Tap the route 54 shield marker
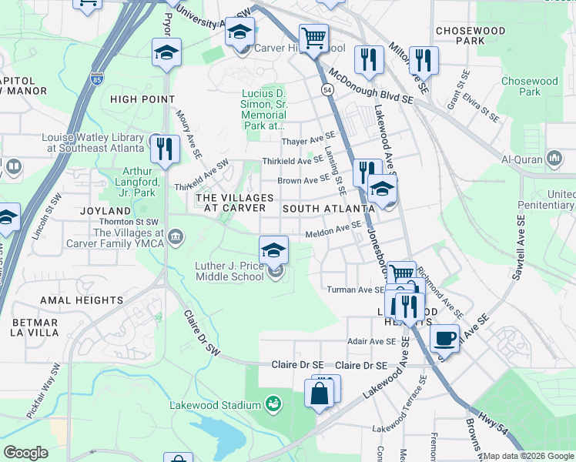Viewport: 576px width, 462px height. pos(328,91)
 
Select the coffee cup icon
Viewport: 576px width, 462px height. pos(444,337)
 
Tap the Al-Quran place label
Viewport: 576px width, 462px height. pos(522,159)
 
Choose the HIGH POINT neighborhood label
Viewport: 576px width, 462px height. pos(142,99)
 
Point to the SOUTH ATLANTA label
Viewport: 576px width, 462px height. pos(322,209)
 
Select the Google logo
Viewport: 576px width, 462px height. pos(25,453)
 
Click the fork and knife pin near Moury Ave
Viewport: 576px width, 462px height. pos(164,149)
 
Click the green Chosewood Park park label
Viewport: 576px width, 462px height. pos(530,85)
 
